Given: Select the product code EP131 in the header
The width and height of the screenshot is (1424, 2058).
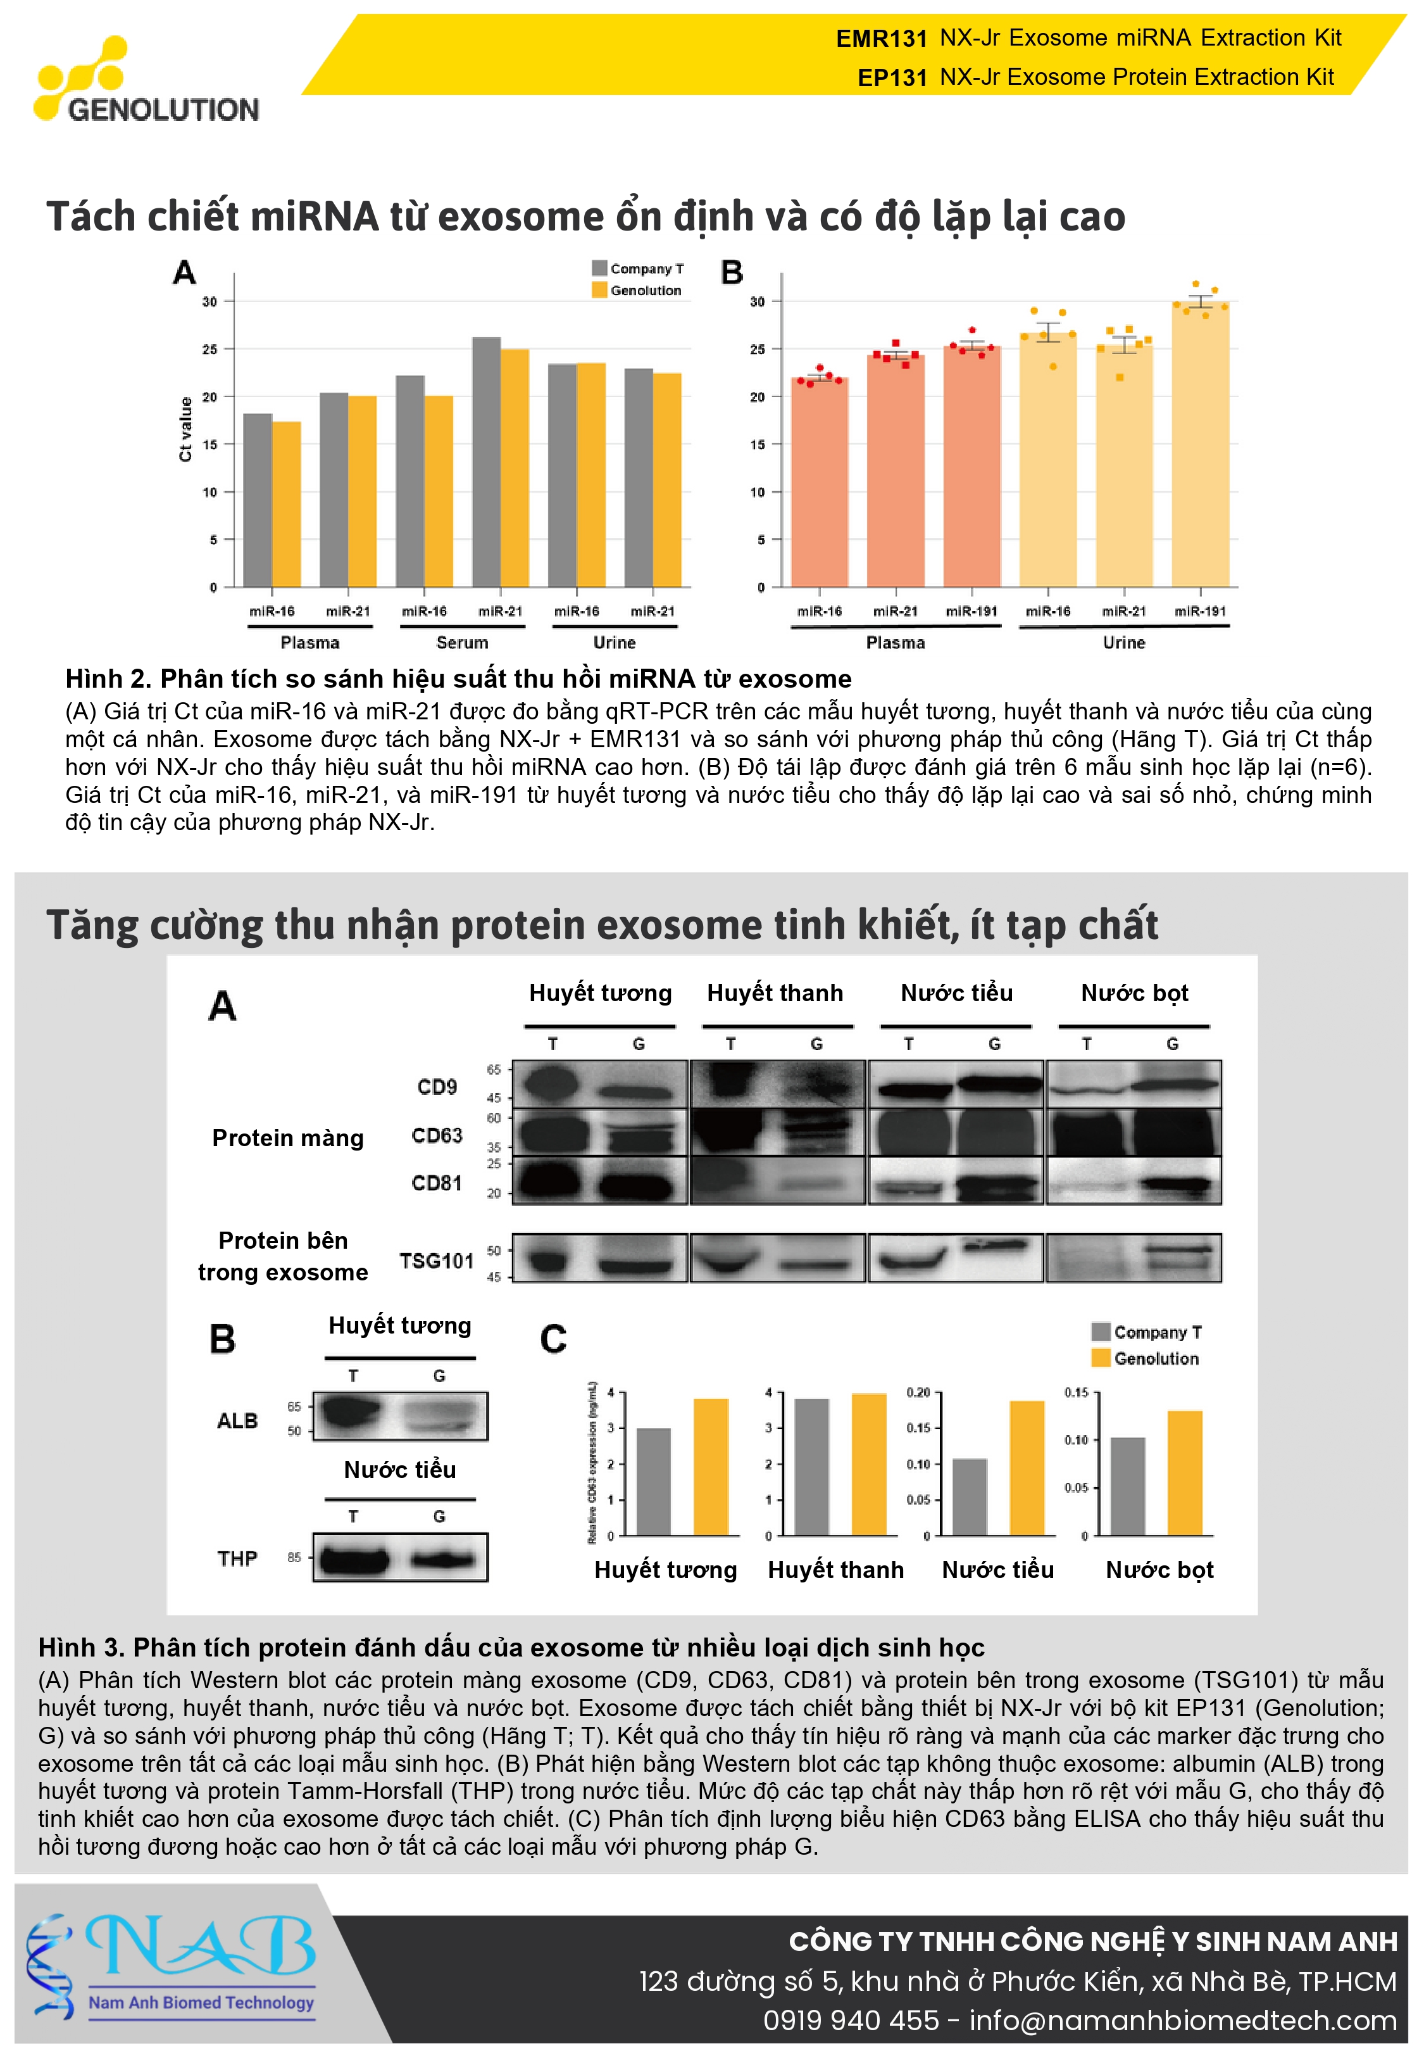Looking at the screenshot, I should (x=892, y=78).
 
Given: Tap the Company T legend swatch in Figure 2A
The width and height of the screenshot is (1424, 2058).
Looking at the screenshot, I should (x=599, y=268).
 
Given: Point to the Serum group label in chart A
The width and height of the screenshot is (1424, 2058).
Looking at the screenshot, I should (x=462, y=643).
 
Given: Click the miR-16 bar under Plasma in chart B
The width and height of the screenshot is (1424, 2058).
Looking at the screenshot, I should (x=819, y=482).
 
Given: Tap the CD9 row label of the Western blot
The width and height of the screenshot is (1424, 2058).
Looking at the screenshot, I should (x=437, y=1087).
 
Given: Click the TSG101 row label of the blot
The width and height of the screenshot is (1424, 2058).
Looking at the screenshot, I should (x=436, y=1260).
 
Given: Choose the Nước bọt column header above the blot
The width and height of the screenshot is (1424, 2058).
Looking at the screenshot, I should (x=1134, y=994).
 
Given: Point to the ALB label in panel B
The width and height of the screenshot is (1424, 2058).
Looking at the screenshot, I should (x=237, y=1421).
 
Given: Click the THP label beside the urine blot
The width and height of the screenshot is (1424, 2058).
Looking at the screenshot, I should (x=237, y=1558).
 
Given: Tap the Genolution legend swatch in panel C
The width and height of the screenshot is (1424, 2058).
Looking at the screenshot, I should (x=1100, y=1358).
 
